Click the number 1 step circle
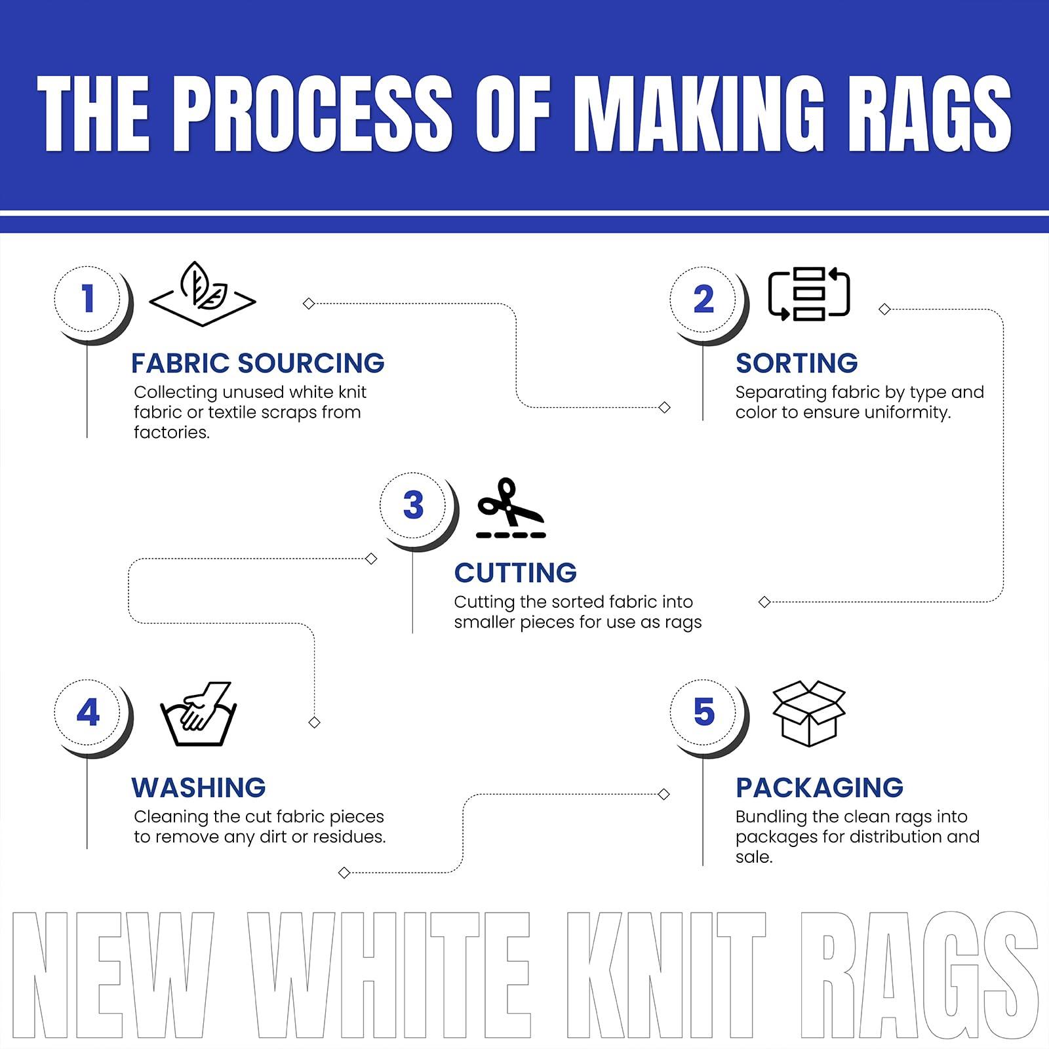(88, 299)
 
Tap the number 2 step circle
(703, 299)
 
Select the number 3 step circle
(413, 505)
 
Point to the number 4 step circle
(88, 713)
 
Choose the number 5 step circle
(703, 713)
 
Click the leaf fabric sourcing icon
(203, 294)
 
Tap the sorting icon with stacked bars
(809, 294)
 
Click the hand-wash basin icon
(198, 714)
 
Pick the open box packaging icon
(809, 713)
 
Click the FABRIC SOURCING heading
(258, 363)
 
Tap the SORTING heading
(797, 363)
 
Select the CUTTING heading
(515, 573)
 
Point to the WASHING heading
(199, 787)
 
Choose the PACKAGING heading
(820, 787)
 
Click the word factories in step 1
(171, 433)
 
